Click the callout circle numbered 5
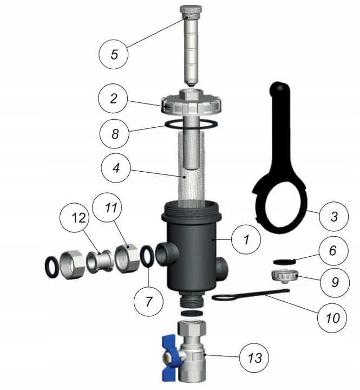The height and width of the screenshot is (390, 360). click(x=114, y=54)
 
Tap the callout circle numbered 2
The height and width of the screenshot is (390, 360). click(x=113, y=99)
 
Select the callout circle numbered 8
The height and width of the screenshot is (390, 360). click(x=114, y=134)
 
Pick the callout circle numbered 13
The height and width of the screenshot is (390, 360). click(x=254, y=358)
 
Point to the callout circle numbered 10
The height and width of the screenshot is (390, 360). click(x=332, y=318)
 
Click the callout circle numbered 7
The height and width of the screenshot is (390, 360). click(x=149, y=302)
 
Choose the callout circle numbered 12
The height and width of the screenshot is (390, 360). click(x=78, y=218)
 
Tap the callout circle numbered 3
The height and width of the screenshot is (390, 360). click(x=334, y=216)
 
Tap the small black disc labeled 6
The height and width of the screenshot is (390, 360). click(x=284, y=262)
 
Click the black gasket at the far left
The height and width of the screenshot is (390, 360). click(x=53, y=267)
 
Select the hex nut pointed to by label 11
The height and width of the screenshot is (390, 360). click(x=127, y=259)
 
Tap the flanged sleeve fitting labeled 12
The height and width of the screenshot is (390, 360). click(x=100, y=262)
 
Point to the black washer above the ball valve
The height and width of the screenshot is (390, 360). click(x=191, y=313)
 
